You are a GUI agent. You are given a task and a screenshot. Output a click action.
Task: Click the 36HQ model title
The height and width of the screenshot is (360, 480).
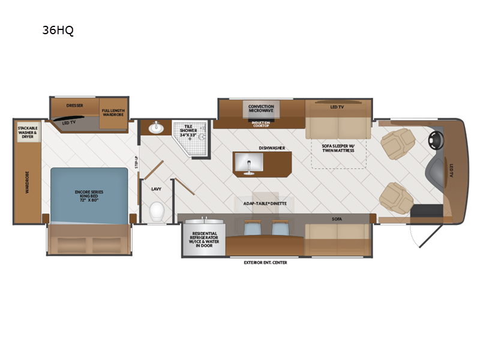point(58,31)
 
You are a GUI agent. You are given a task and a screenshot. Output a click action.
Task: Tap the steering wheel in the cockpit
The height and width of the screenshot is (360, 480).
point(436,140)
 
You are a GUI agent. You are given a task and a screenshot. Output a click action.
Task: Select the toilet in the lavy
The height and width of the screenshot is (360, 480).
point(157,211)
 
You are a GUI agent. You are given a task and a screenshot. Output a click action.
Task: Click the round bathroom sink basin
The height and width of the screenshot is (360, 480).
point(156,128)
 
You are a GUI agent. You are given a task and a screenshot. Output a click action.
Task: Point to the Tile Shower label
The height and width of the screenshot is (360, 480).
point(188,131)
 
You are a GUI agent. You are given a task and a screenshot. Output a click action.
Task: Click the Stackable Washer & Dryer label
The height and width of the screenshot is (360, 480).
point(28,132)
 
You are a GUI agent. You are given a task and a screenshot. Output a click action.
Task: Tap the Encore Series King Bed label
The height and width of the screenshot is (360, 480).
point(89,196)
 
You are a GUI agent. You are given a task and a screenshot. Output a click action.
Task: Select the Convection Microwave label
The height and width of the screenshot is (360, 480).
point(261,109)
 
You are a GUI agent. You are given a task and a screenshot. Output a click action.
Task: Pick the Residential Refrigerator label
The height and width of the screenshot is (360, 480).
point(204,239)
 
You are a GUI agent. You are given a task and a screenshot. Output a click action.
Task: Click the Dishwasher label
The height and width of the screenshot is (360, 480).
point(272,148)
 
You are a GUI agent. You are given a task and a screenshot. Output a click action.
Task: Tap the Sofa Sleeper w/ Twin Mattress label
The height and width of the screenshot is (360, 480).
point(338,148)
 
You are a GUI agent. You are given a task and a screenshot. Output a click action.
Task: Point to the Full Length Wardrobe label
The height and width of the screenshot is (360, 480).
point(113,112)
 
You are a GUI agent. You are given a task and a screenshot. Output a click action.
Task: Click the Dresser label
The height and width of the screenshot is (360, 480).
point(74,106)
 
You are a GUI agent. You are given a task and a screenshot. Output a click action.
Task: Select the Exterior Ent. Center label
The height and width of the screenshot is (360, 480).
point(265,262)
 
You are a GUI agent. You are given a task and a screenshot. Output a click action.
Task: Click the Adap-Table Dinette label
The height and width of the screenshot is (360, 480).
point(265,203)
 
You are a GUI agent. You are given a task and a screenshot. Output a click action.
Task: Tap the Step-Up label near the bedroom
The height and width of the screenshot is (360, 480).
point(137,162)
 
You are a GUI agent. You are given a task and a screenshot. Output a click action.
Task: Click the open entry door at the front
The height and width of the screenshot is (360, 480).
point(431,236)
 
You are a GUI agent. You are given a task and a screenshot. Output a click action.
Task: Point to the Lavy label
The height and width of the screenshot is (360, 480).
point(156,189)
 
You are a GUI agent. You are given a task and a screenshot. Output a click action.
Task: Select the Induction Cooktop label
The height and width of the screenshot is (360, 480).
point(261,124)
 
